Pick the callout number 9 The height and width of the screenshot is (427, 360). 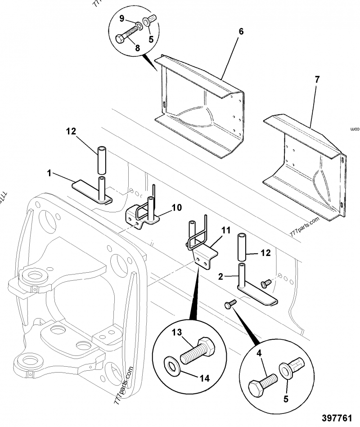(121, 18)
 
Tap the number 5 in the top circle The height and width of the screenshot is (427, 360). (151, 39)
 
